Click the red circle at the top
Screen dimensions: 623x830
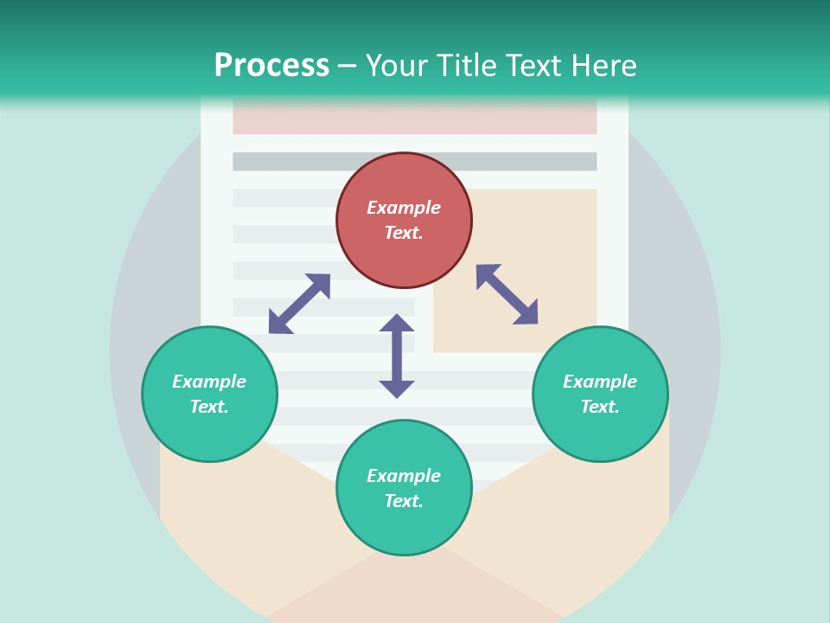[x=404, y=221]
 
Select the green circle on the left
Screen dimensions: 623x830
[x=209, y=395]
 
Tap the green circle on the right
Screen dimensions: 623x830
[x=600, y=395]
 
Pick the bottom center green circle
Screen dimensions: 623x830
[x=404, y=488]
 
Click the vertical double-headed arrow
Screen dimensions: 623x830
[x=397, y=356]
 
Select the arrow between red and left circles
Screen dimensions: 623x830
[x=299, y=304]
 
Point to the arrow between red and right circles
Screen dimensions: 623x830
[x=507, y=294]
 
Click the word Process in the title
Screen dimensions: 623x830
[x=271, y=65]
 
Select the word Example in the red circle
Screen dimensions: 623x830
[x=404, y=208]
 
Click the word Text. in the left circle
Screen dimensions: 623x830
[x=209, y=407]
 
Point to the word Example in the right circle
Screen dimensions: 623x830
[x=600, y=382]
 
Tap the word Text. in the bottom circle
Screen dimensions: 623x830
[x=404, y=501]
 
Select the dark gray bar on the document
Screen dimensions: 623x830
[x=415, y=162]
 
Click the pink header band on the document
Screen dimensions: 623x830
[x=415, y=120]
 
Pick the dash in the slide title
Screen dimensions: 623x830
[x=348, y=66]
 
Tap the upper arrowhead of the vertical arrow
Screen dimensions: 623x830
[x=397, y=324]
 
